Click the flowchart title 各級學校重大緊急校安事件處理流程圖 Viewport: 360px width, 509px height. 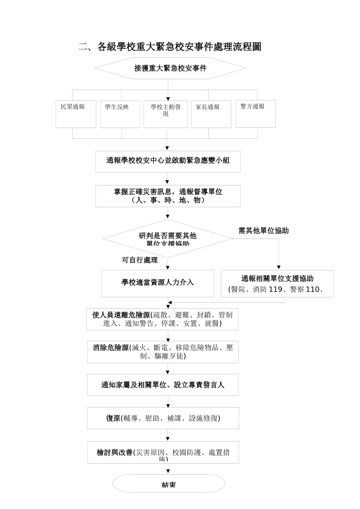pyautogui.click(x=170, y=47)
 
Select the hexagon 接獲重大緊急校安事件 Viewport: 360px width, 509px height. pyautogui.click(x=170, y=68)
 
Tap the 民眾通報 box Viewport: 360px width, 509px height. pyautogui.click(x=76, y=114)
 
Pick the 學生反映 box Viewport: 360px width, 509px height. pyautogui.click(x=120, y=114)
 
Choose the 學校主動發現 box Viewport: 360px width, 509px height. pyautogui.click(x=166, y=114)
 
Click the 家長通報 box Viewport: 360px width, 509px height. pyautogui.click(x=211, y=114)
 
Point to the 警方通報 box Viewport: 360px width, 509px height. pyautogui.click(x=255, y=113)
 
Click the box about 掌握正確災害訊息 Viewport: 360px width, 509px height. pyautogui.click(x=168, y=196)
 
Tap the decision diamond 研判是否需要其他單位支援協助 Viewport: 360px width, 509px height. pyautogui.click(x=167, y=239)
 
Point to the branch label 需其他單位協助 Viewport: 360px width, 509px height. pyautogui.click(x=263, y=231)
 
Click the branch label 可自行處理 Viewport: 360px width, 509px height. pyautogui.click(x=139, y=260)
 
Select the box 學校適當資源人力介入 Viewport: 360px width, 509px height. pyautogui.click(x=157, y=283)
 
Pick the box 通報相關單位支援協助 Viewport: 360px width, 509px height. pyautogui.click(x=277, y=283)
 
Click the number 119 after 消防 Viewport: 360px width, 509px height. pyautogui.click(x=275, y=290)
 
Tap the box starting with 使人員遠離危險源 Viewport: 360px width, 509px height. pyautogui.click(x=162, y=319)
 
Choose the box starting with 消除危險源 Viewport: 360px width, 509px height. pyautogui.click(x=163, y=352)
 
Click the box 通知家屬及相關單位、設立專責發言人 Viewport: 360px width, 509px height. pyautogui.click(x=163, y=385)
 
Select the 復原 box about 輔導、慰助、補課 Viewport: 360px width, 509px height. pyautogui.click(x=163, y=418)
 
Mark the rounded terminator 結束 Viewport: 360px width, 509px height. pyautogui.click(x=169, y=484)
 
